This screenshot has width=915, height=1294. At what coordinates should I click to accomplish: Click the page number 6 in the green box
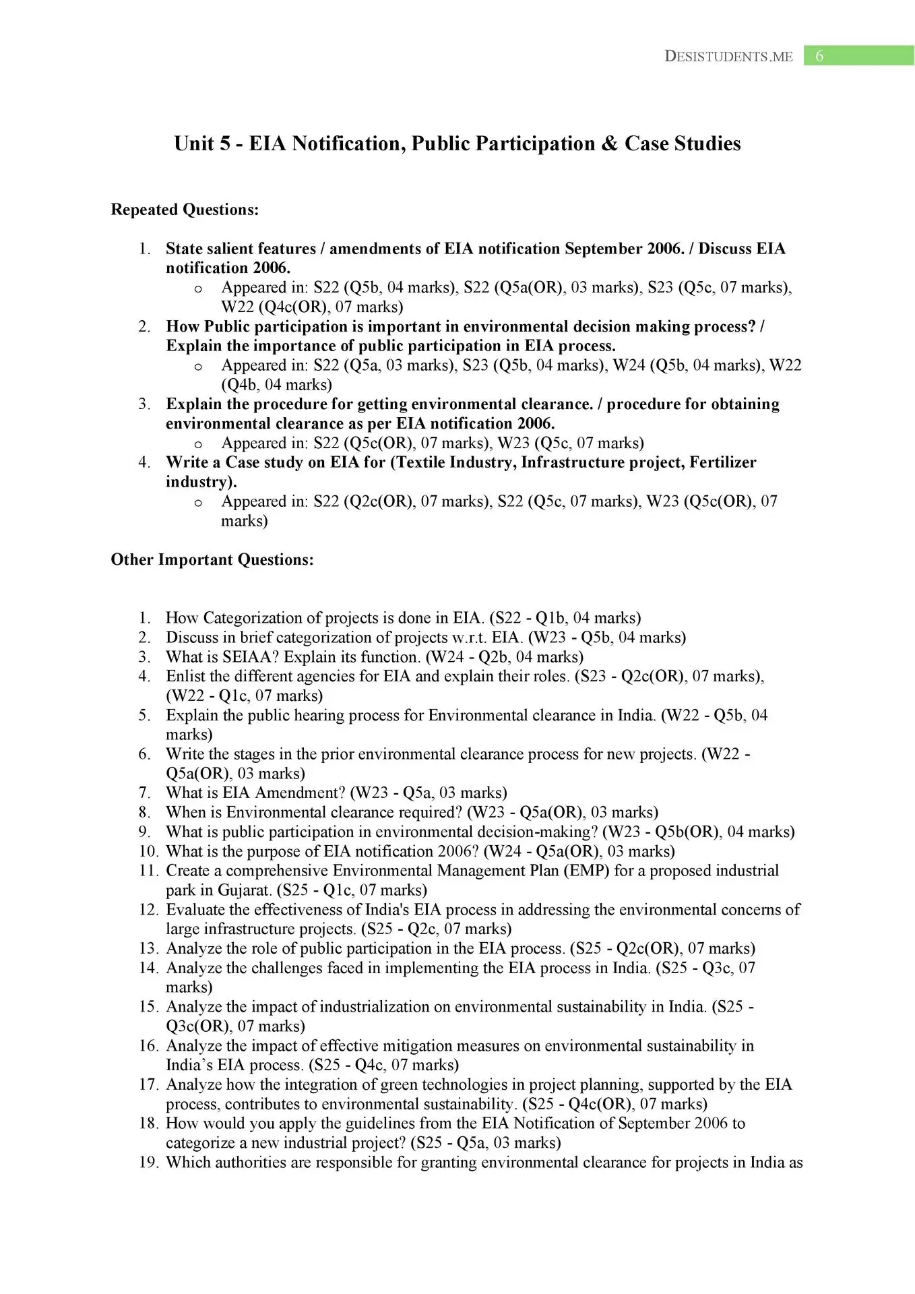(x=819, y=57)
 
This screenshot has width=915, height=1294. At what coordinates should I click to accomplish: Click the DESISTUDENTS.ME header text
(x=728, y=57)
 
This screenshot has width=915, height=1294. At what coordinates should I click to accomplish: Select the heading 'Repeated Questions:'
(x=185, y=210)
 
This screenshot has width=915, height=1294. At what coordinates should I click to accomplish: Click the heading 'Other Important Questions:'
(x=212, y=559)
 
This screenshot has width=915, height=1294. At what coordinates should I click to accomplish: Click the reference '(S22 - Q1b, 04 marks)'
(x=565, y=618)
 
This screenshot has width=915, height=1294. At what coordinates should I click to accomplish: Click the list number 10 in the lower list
(x=148, y=851)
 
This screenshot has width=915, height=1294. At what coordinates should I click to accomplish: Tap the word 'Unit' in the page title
(x=191, y=144)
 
